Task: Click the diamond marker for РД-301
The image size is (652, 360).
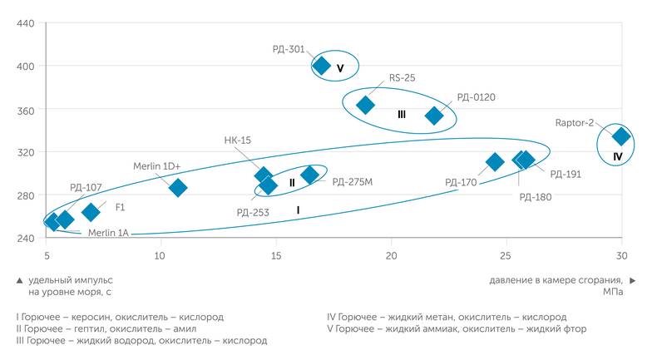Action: tap(322, 66)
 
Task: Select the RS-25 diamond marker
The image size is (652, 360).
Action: tap(365, 105)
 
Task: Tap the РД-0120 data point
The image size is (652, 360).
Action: tap(434, 116)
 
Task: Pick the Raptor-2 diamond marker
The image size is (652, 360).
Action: tap(620, 136)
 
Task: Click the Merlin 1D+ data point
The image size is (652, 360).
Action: tap(178, 188)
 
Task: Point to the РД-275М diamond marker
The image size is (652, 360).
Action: tap(310, 175)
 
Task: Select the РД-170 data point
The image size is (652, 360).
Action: tap(495, 161)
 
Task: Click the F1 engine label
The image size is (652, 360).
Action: tap(120, 205)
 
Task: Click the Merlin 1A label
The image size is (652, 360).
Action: tap(108, 232)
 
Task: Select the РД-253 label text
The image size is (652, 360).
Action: tap(252, 212)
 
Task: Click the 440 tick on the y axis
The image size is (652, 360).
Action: tap(26, 23)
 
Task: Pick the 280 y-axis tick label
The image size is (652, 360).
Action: tap(26, 195)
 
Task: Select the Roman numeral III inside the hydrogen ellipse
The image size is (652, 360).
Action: tap(402, 114)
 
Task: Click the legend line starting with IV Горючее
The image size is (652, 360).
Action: tap(447, 317)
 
